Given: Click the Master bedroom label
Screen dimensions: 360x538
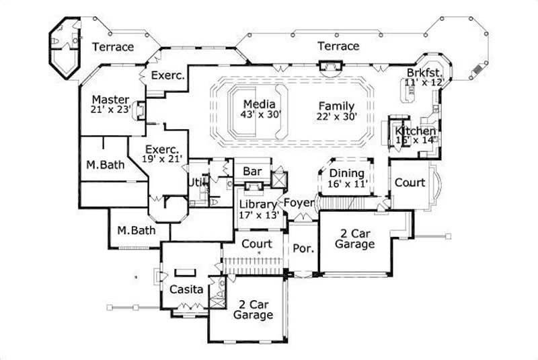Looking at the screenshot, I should (110, 99).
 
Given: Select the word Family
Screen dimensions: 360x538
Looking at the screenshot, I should (336, 106).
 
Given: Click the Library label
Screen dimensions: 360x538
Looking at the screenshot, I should (258, 205).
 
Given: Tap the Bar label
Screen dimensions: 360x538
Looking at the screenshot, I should (252, 172).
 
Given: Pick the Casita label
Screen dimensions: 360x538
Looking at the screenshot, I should (182, 289).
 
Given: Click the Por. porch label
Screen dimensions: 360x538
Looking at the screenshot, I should (303, 248).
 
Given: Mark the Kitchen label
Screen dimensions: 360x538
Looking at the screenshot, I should (415, 131).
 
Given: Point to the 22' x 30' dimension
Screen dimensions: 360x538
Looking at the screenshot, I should (336, 116).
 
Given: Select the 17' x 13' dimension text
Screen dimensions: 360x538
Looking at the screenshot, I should (258, 215).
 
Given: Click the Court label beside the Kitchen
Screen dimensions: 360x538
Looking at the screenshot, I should (409, 182).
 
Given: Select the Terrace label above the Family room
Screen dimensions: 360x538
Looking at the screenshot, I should (338, 46).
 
